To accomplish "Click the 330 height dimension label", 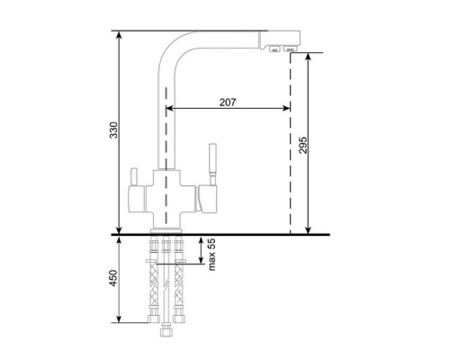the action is click(113, 130).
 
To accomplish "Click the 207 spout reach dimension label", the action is click(228, 103).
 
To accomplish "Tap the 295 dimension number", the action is click(303, 145).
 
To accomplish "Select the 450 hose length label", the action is click(113, 278).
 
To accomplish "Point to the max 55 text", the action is click(211, 255).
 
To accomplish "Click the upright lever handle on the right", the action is click(212, 165).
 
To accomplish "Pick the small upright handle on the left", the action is click(133, 177).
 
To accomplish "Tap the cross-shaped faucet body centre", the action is click(166, 199).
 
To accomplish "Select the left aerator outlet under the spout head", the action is click(274, 49).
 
